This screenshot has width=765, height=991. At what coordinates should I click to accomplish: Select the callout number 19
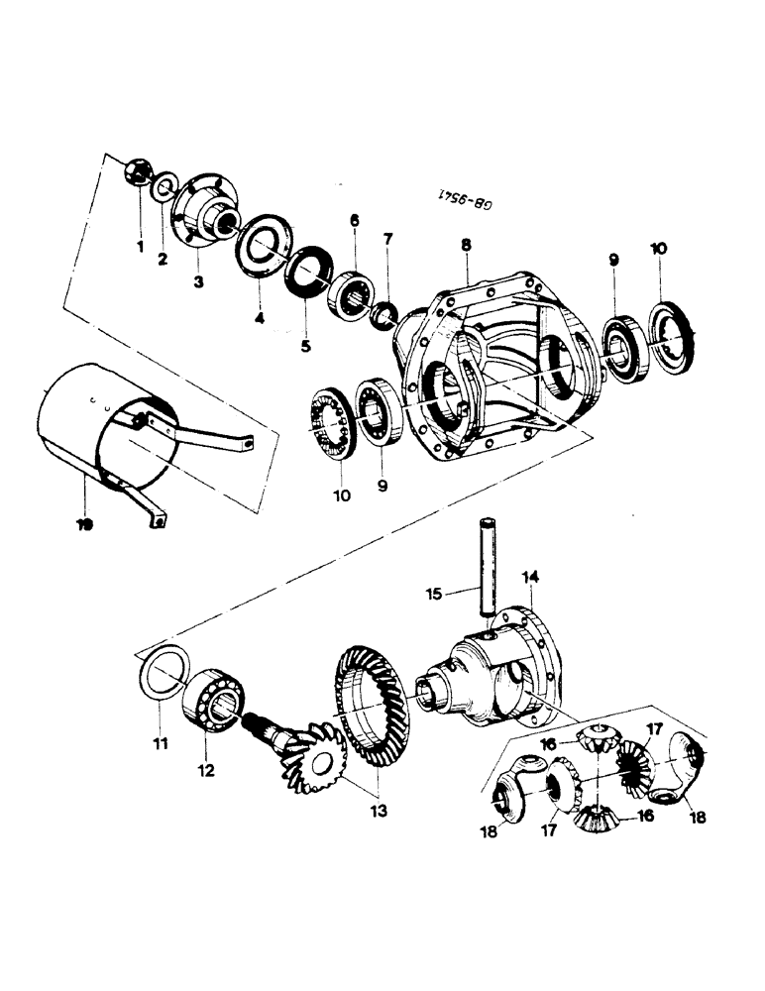tap(84, 524)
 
